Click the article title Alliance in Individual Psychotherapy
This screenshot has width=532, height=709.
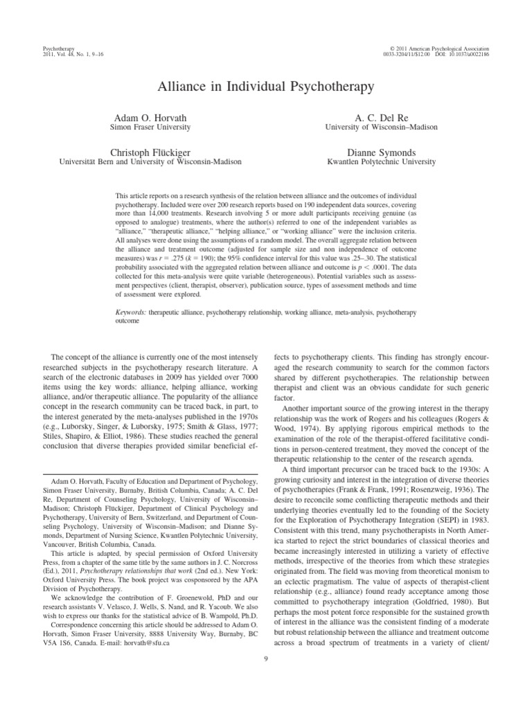(x=266, y=87)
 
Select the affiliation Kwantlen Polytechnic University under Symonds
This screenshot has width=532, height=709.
(x=382, y=162)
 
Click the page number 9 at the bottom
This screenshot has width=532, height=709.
(x=266, y=659)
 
